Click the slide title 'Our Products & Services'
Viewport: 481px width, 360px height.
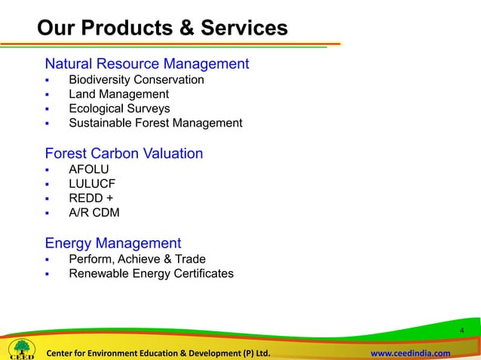(x=162, y=29)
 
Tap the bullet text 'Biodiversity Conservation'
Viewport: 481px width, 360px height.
(x=136, y=79)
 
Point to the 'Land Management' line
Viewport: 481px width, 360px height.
(x=118, y=94)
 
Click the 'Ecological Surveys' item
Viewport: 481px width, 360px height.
(x=119, y=108)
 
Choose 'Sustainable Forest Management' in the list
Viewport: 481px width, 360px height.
(x=155, y=123)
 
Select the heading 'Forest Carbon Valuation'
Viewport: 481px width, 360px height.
(x=124, y=154)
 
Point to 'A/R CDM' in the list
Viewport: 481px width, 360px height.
(x=94, y=212)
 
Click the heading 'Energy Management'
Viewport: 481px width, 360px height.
(x=113, y=243)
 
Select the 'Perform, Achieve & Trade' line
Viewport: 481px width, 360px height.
(x=137, y=259)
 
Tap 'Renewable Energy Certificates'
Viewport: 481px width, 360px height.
(x=151, y=273)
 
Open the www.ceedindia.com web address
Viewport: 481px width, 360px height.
(x=411, y=353)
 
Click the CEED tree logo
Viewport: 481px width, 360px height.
(x=20, y=348)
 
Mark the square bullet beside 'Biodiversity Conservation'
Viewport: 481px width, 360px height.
(x=47, y=80)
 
